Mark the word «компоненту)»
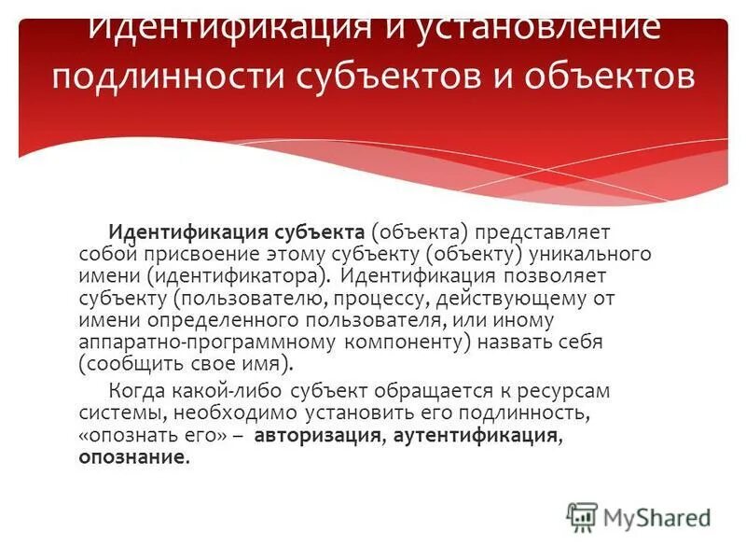[x=403, y=343]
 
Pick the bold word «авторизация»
[x=316, y=436]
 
